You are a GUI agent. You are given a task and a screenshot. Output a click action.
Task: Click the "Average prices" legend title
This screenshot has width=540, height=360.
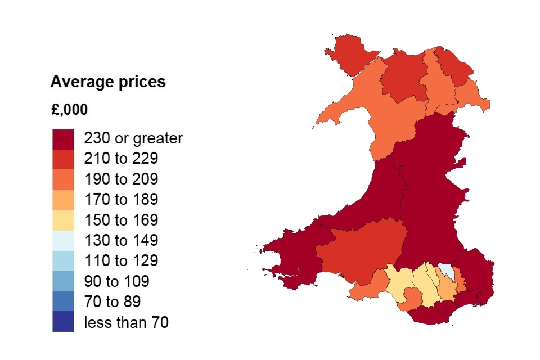108,82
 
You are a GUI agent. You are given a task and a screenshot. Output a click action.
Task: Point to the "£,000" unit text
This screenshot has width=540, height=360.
69,110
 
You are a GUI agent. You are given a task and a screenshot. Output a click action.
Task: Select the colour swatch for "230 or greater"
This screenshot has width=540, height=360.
63,138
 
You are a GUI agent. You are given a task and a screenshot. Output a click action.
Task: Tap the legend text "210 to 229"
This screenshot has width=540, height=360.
121,159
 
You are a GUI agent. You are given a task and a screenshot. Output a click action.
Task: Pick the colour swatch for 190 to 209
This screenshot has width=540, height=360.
63,179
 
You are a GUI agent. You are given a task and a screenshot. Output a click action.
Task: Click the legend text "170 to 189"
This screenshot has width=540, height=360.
121,200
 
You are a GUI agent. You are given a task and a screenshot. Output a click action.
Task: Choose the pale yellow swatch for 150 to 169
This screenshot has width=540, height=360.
63,220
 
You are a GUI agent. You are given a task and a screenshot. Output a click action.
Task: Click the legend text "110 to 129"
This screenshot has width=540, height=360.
121,261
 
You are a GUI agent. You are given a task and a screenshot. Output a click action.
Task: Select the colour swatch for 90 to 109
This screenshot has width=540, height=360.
63,281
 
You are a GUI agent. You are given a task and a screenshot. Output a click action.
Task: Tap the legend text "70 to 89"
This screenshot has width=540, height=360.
112,302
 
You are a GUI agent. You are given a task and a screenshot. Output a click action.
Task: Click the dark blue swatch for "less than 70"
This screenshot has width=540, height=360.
63,322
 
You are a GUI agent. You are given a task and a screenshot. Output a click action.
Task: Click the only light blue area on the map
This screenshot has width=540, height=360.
446,270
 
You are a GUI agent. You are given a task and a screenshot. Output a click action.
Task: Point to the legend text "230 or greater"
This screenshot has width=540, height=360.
133,138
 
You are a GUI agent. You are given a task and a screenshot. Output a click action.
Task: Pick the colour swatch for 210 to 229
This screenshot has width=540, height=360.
63,159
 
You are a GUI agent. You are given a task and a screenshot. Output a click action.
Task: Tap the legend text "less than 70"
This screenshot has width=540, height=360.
126,322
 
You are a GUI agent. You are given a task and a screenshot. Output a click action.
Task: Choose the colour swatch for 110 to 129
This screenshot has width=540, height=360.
63,261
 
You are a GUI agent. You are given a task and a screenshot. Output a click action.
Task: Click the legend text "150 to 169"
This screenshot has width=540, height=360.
121,220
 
